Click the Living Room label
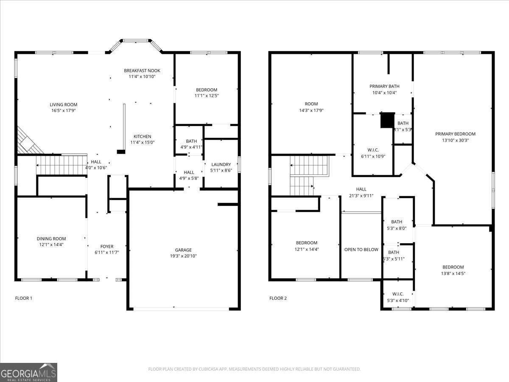pos(64,104)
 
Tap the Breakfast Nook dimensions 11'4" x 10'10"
pos(142,77)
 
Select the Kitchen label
pos(142,137)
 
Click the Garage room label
pos(183,250)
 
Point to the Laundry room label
pos(221,165)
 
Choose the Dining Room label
pos(51,239)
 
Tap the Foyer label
pos(106,247)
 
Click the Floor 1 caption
pos(24,298)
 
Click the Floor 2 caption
pos(278,298)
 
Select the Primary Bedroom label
pos(455,134)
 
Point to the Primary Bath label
pos(384,86)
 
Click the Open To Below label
pos(361,250)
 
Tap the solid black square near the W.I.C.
pos(387,120)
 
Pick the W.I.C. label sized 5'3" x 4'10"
pos(397,294)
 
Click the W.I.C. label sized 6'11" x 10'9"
pos(373,150)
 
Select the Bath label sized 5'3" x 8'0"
pos(397,222)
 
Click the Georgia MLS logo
pos(28,372)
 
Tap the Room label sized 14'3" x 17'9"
pos(311,104)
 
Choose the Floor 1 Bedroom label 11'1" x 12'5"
pos(207,90)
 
